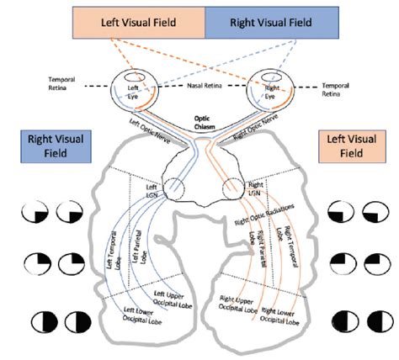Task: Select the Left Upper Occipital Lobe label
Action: pyautogui.click(x=173, y=300)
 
